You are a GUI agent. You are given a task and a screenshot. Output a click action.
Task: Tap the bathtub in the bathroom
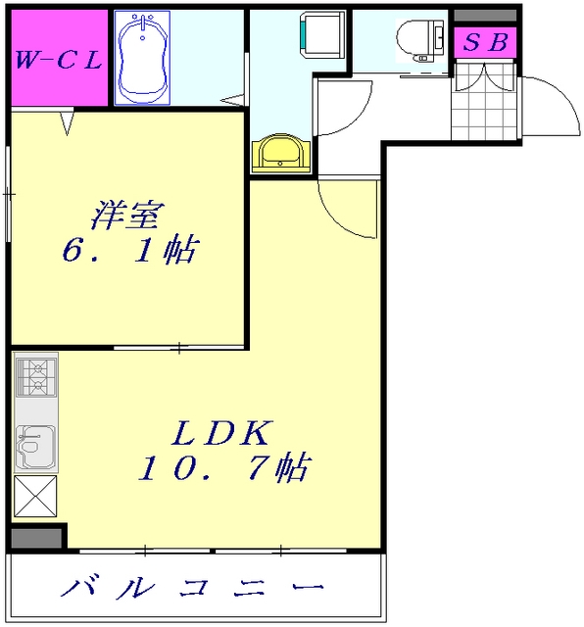coord(143,58)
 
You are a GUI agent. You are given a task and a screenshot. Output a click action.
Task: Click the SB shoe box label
coord(485,43)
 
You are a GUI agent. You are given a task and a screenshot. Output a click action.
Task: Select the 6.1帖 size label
coord(127,252)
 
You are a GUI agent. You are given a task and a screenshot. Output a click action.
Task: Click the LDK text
coord(223,431)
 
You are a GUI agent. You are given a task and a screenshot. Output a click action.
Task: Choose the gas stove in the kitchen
coord(36,376)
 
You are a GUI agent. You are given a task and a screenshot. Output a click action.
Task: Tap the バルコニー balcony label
coord(193,589)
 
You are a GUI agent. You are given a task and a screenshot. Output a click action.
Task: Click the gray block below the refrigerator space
coord(36,537)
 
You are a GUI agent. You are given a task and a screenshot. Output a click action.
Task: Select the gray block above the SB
coord(485,16)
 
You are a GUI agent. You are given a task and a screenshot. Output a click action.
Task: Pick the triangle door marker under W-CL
coord(67,123)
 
